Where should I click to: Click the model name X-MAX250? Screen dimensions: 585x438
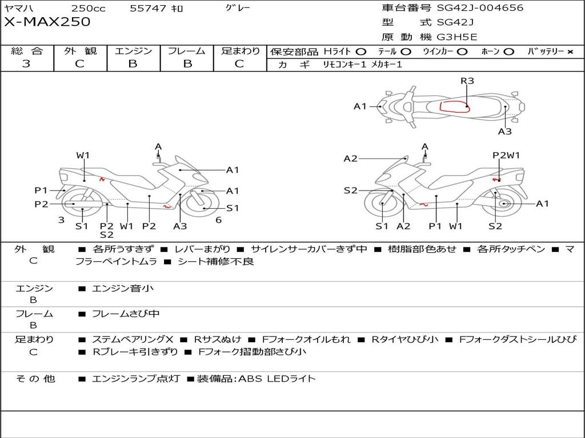[47, 22]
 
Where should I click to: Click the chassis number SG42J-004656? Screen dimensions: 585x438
[480, 8]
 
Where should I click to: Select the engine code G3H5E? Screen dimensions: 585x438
[456, 37]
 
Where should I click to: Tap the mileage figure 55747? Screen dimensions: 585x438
[148, 8]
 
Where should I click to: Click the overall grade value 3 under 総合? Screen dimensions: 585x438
[26, 63]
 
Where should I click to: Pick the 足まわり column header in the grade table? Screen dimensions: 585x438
[240, 51]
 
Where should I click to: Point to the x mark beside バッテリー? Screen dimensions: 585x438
[570, 52]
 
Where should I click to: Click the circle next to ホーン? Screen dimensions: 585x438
[508, 52]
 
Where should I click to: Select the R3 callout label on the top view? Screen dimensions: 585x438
[467, 81]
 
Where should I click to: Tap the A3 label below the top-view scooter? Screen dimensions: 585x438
[504, 132]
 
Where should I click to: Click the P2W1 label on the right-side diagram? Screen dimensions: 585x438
[506, 155]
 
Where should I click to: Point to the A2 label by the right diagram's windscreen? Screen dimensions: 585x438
[350, 159]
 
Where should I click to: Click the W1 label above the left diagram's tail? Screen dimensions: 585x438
[83, 155]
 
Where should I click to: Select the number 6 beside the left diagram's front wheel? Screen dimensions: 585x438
[219, 220]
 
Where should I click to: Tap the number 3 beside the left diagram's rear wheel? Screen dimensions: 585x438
[62, 220]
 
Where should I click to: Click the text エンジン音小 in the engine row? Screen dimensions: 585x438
[122, 288]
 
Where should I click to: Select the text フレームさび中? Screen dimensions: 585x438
[126, 314]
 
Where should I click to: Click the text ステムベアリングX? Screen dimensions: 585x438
[133, 339]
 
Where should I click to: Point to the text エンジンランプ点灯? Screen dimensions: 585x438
[136, 379]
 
